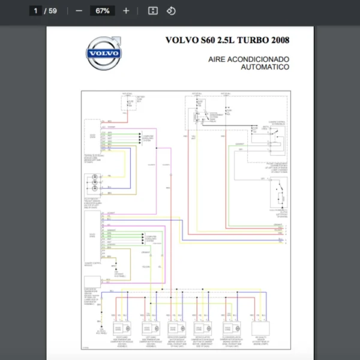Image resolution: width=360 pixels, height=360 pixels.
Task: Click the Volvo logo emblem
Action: [103, 53]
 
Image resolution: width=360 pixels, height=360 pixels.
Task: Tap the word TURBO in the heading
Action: [251, 40]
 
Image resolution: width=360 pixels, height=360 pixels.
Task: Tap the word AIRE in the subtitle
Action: [218, 59]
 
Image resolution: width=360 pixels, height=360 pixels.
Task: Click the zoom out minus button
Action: [79, 11]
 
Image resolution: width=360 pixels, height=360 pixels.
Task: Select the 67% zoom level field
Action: [102, 11]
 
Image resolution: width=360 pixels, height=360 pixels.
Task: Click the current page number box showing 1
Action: [36, 11]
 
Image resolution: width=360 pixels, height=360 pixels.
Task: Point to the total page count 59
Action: [53, 11]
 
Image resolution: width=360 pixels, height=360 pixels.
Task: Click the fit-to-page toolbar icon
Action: [153, 11]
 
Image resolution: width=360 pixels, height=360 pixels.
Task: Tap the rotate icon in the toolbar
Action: [171, 11]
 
